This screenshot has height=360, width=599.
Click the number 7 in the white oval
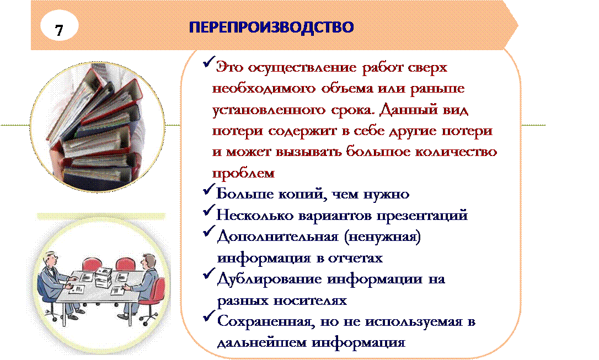click(59, 30)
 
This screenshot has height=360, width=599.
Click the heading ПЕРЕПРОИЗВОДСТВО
click(271, 28)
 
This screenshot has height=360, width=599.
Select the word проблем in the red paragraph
click(243, 173)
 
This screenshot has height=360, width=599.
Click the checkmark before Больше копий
click(208, 189)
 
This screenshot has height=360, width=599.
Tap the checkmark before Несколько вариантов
click(208, 210)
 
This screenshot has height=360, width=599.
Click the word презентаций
click(422, 216)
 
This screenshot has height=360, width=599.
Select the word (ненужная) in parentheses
click(382, 237)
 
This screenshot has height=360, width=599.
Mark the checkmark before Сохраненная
click(208, 316)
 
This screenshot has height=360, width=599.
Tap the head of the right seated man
click(148, 262)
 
